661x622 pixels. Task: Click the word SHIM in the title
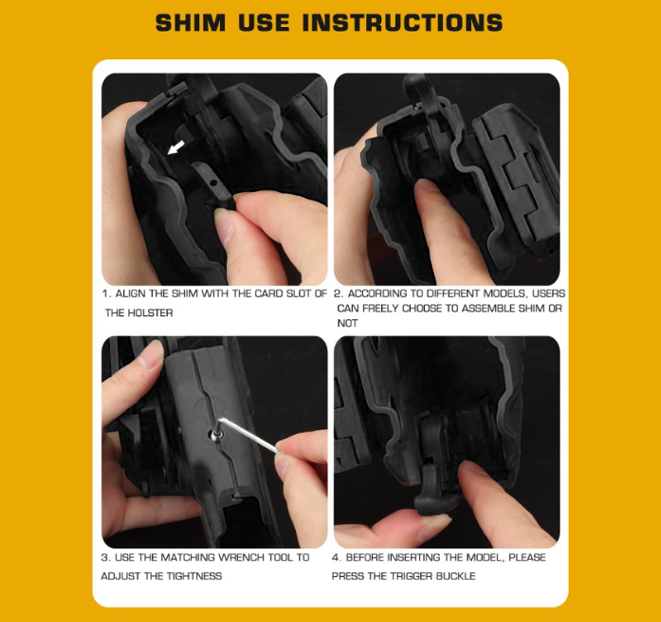click(x=191, y=23)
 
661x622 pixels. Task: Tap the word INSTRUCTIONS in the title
click(x=402, y=23)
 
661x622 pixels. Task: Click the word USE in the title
click(x=264, y=23)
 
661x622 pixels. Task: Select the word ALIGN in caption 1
click(x=130, y=294)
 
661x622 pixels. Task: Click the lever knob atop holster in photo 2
click(x=414, y=83)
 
